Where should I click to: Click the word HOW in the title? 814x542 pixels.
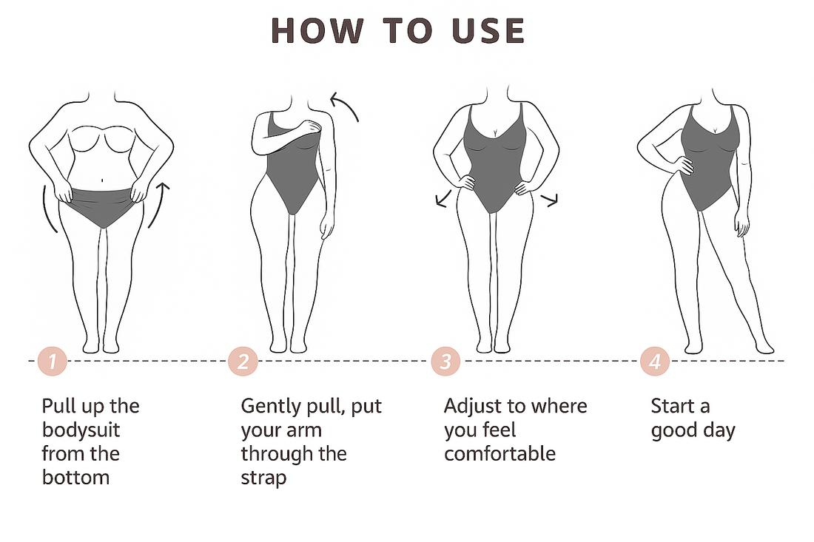pyautogui.click(x=317, y=30)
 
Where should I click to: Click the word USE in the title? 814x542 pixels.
pyautogui.click(x=488, y=30)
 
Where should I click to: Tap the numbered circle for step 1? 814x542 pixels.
pyautogui.click(x=53, y=361)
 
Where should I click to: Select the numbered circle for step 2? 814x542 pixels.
pyautogui.click(x=243, y=361)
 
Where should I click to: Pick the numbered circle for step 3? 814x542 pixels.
pyautogui.click(x=445, y=361)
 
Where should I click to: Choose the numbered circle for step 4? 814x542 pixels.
pyautogui.click(x=655, y=361)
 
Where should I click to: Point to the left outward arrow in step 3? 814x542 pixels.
pyautogui.click(x=443, y=199)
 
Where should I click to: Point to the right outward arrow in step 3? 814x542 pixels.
pyautogui.click(x=550, y=200)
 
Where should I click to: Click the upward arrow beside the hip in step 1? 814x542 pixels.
pyautogui.click(x=159, y=205)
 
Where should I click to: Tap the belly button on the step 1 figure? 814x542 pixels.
pyautogui.click(x=102, y=180)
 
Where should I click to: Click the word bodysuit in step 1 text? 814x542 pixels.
pyautogui.click(x=81, y=430)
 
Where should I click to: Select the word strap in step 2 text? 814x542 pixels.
pyautogui.click(x=263, y=478)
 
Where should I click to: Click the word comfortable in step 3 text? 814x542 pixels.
pyautogui.click(x=500, y=454)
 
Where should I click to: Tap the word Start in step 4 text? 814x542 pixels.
pyautogui.click(x=673, y=406)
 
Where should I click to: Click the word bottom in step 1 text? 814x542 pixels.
pyautogui.click(x=75, y=478)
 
